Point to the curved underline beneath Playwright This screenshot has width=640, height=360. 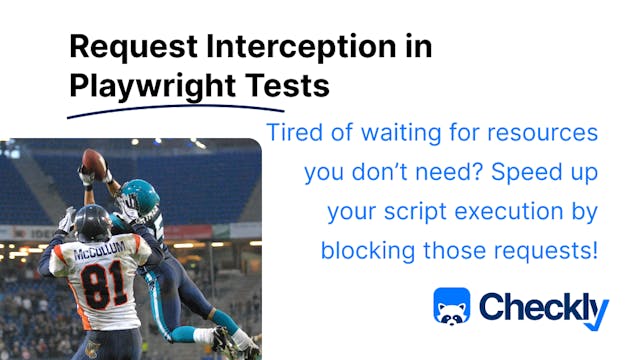[x=160, y=107]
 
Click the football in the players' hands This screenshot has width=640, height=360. [x=94, y=161]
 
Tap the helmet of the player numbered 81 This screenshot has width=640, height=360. [x=91, y=222]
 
